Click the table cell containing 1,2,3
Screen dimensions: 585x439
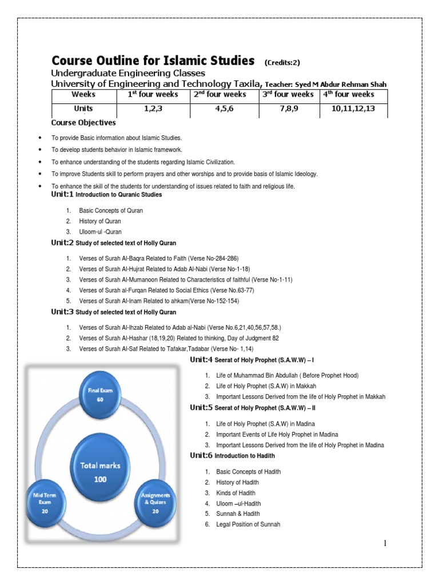point(153,109)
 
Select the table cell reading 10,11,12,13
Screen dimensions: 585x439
point(353,109)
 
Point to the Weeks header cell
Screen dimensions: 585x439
point(83,94)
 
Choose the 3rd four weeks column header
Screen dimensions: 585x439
point(289,94)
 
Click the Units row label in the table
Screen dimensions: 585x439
point(83,109)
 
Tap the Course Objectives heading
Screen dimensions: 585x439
point(83,122)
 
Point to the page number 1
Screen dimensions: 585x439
point(385,543)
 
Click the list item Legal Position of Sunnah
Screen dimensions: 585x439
point(248,524)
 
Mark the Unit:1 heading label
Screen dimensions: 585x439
point(62,194)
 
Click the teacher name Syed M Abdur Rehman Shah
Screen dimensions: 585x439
point(341,84)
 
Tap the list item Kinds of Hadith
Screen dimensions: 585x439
point(236,492)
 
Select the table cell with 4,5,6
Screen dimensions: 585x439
point(225,109)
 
